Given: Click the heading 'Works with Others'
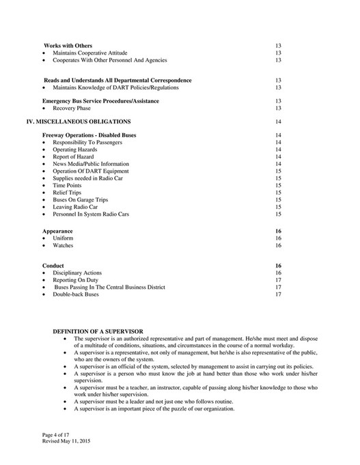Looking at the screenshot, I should click(x=68, y=45).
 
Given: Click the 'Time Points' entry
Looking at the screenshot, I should click(x=67, y=185).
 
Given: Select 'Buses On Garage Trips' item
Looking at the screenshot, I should click(x=79, y=199).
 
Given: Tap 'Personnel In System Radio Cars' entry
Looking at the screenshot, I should click(x=91, y=214).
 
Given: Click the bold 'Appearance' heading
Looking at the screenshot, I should click(x=57, y=231).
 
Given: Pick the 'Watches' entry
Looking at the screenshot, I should click(x=63, y=245).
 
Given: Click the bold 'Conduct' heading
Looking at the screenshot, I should click(x=53, y=265).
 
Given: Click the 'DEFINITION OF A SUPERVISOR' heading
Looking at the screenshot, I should click(x=98, y=331).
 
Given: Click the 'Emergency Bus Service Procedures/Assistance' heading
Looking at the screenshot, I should click(x=100, y=101).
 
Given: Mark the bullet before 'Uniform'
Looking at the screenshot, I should click(x=44, y=238).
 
